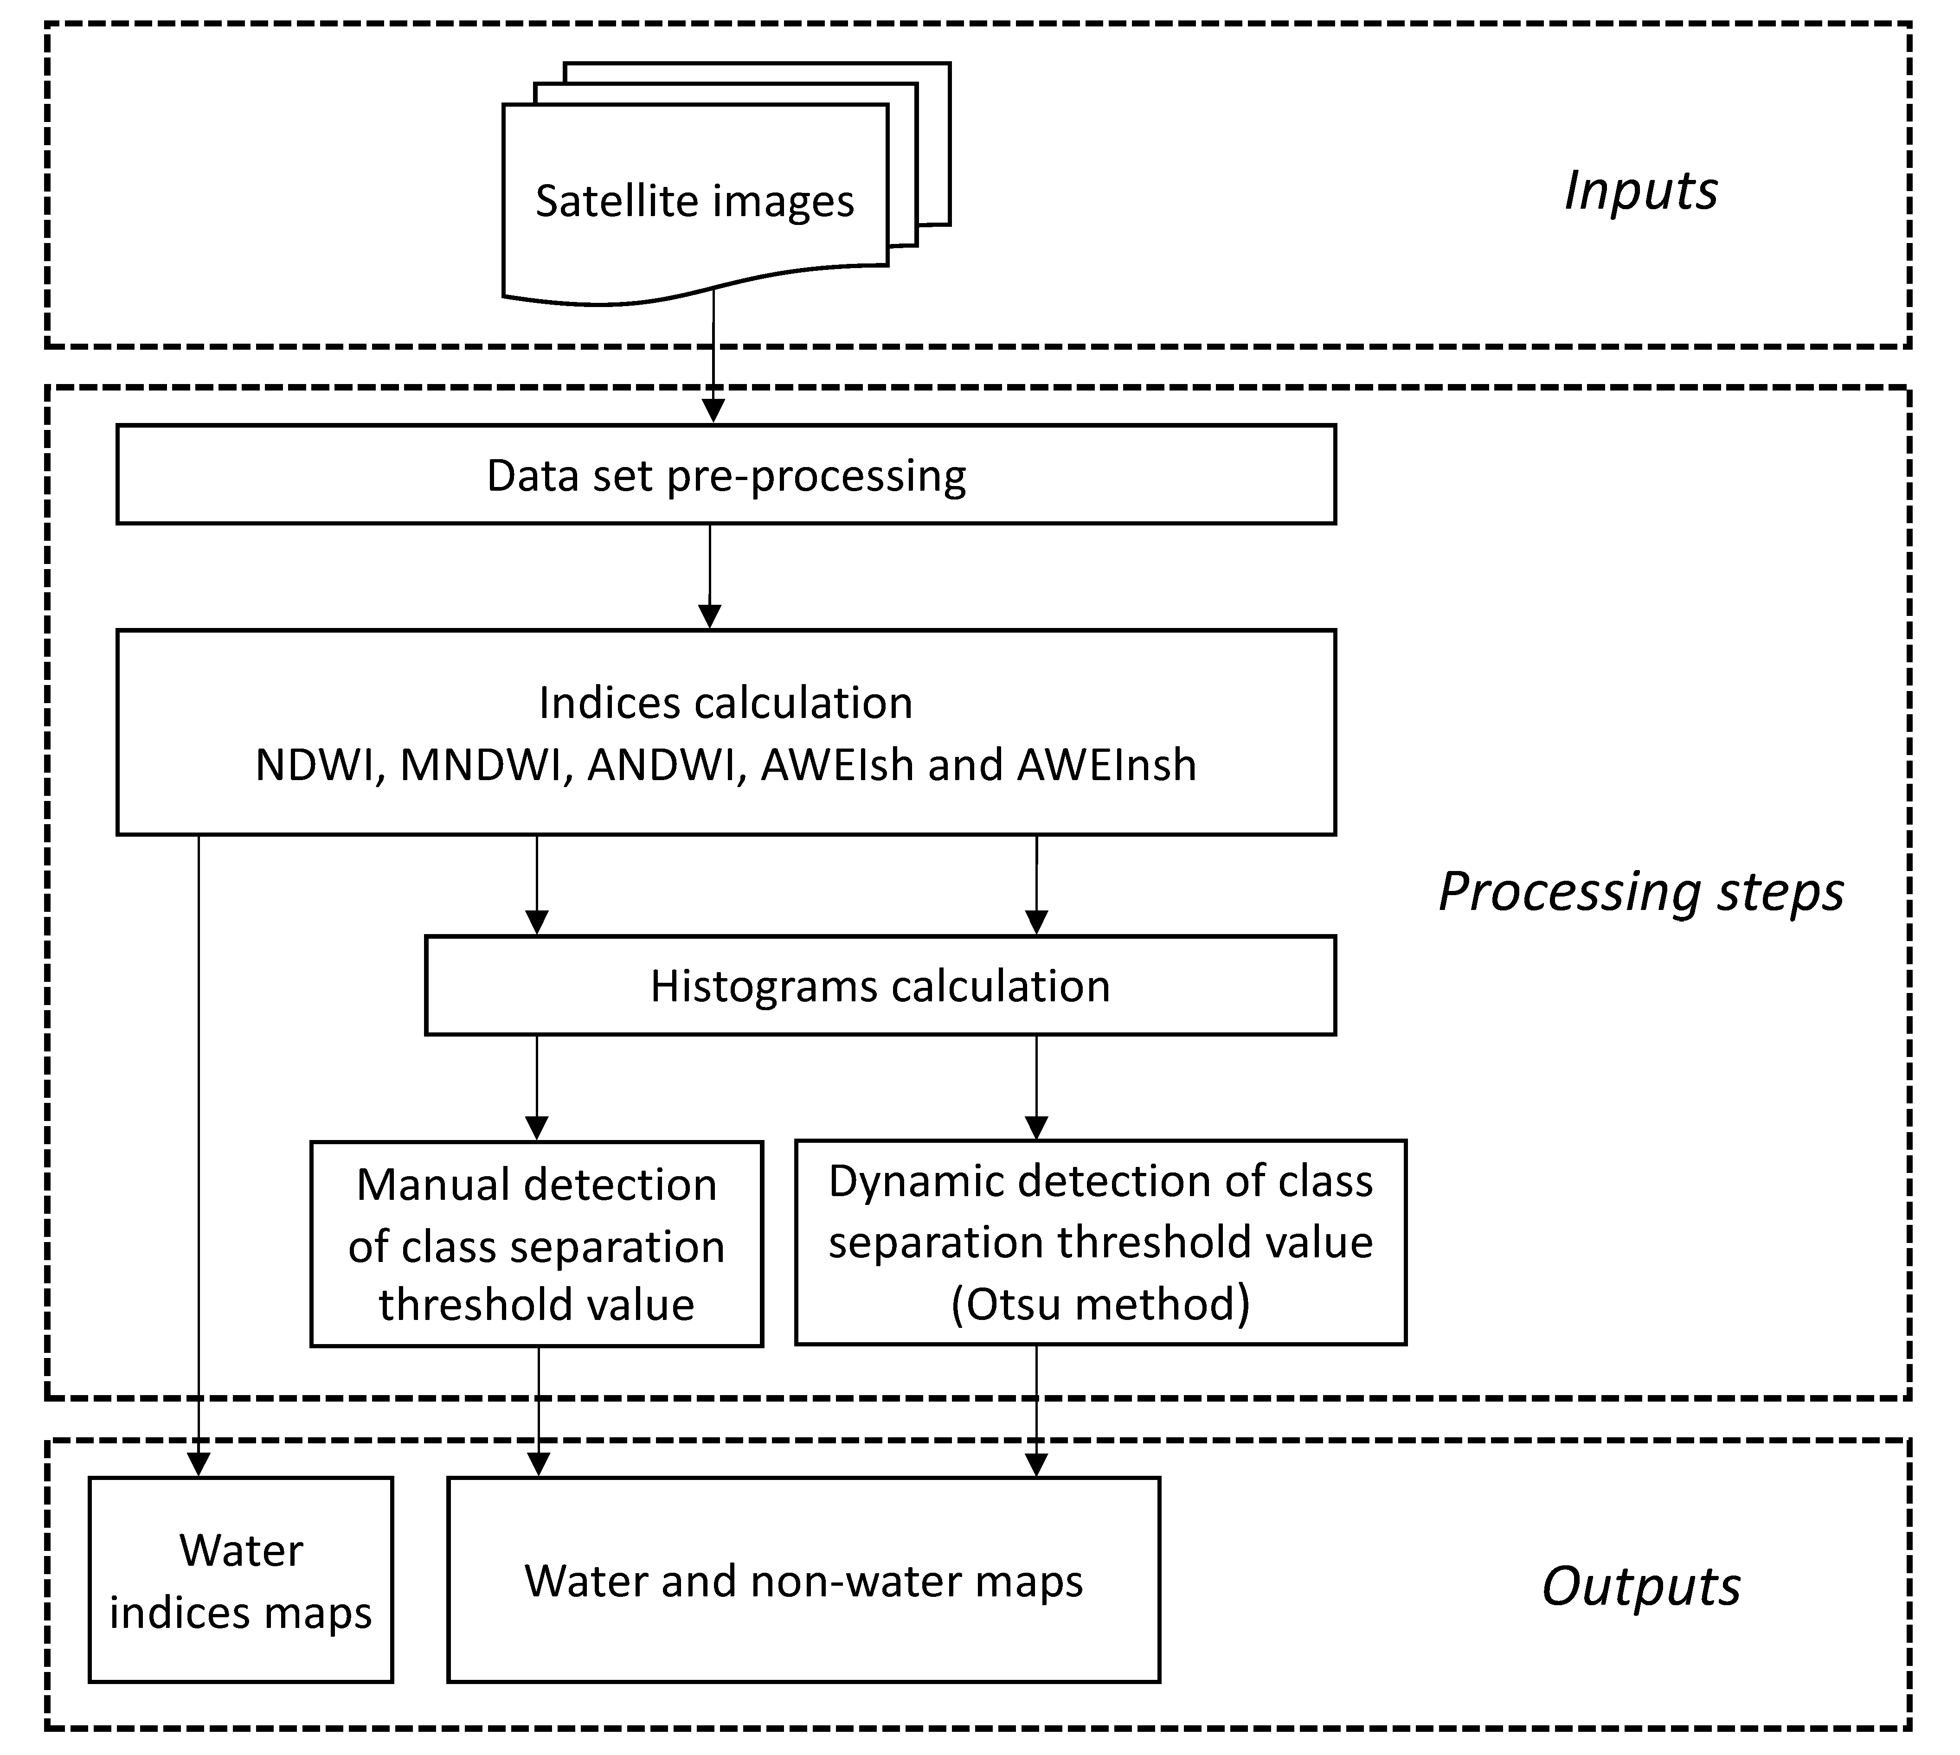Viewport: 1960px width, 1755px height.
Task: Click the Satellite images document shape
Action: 694,203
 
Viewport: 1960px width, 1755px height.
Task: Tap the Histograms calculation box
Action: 880,986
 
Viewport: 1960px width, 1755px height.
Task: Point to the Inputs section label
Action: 1640,191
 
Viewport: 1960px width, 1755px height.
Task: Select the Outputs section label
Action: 1640,1586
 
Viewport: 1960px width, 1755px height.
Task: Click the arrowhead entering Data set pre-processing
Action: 713,412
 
